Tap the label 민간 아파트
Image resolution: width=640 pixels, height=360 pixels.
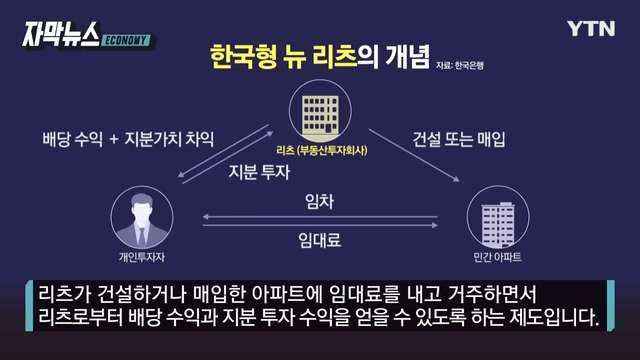pos(497,257)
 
